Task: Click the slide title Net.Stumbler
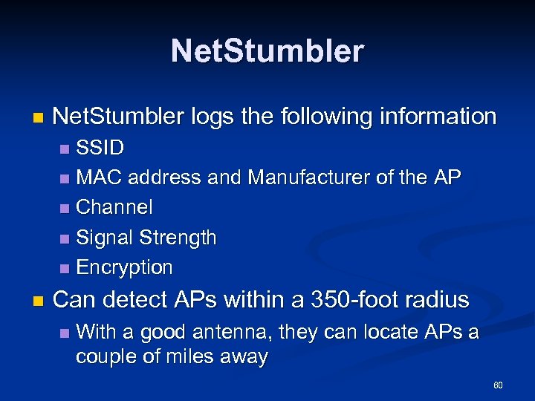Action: (267, 51)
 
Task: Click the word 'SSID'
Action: (100, 148)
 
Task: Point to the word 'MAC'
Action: (100, 177)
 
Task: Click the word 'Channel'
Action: (114, 207)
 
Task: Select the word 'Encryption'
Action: (124, 267)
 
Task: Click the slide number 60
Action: (498, 385)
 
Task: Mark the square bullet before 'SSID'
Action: (65, 149)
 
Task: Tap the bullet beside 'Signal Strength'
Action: (65, 238)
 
